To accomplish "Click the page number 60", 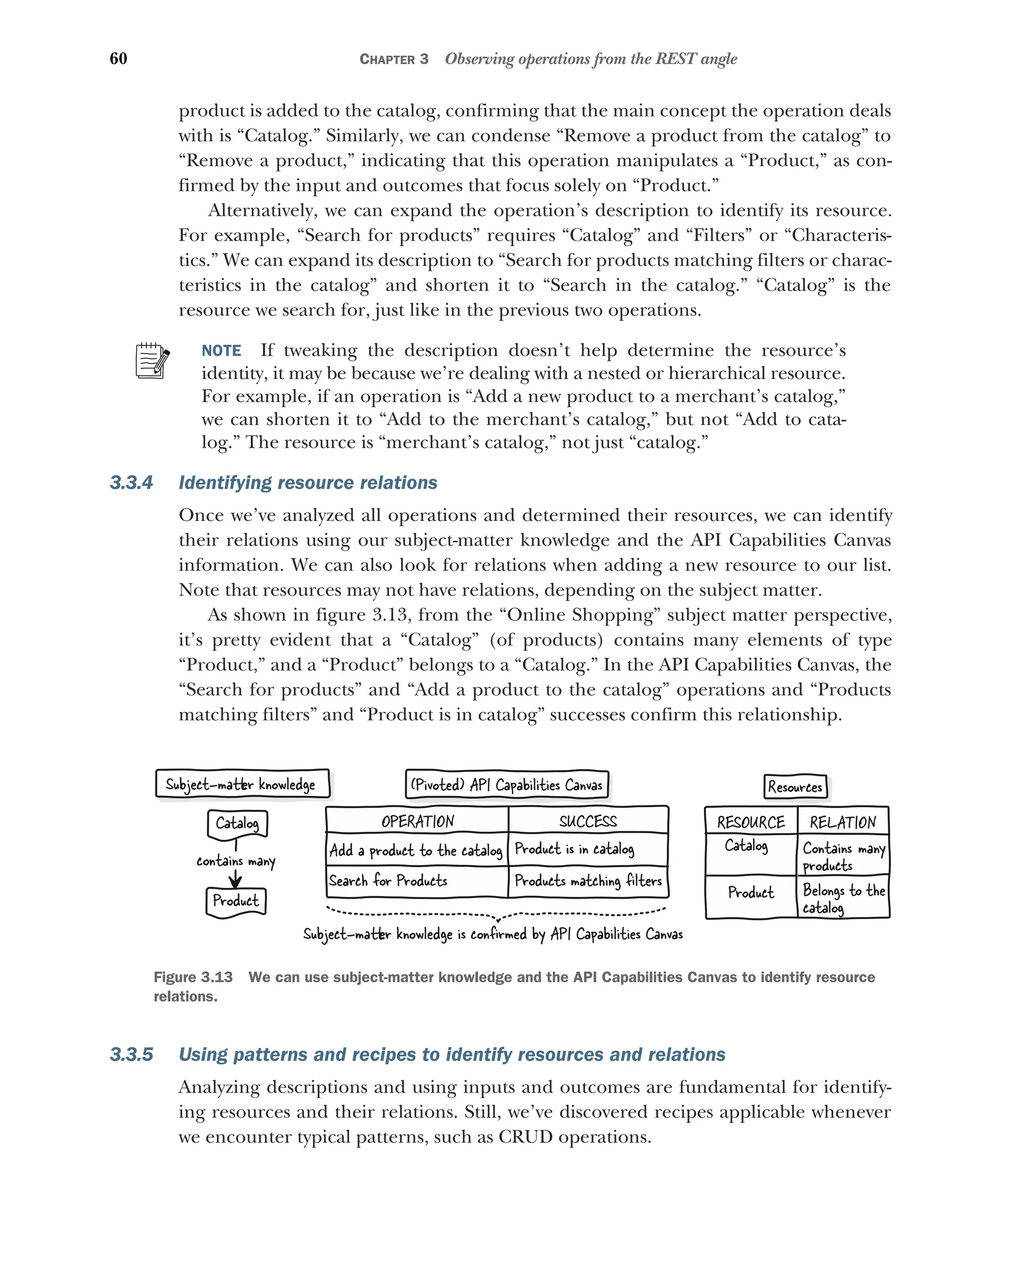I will pos(118,58).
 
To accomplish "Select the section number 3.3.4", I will pos(131,483).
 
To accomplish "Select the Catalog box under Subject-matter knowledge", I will pos(237,823).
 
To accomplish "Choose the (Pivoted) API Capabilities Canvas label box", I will pos(507,785).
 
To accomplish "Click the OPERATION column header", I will pos(418,821).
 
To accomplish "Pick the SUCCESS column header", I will pos(588,821).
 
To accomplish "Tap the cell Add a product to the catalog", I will pos(417,851).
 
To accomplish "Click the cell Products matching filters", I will pos(588,881).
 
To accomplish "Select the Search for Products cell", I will pos(389,881).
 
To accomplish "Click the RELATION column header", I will pos(842,822).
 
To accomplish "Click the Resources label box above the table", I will pos(795,786).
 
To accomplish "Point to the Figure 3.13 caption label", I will pos(193,977).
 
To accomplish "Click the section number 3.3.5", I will pos(131,1055).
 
